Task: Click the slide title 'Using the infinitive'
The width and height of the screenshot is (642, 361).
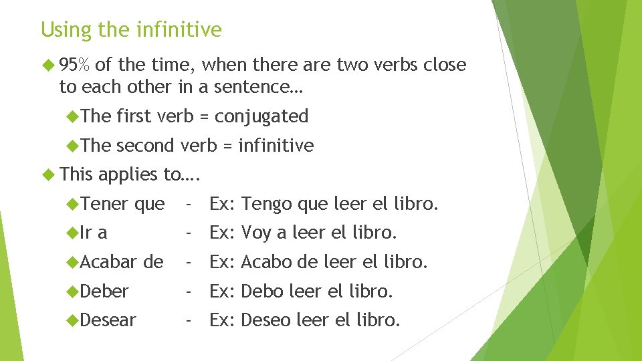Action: click(x=131, y=30)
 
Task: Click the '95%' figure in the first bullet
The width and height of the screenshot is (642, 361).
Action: click(x=77, y=65)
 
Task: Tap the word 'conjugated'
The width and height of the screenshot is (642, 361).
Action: click(x=262, y=116)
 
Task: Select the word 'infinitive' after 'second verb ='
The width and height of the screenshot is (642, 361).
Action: click(x=276, y=145)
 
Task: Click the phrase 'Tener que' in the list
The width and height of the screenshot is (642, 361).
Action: click(x=123, y=204)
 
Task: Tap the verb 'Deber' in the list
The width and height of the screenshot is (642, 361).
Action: click(x=105, y=291)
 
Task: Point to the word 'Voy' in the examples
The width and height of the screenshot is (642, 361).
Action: click(x=255, y=233)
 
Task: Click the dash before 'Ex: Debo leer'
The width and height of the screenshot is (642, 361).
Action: click(x=190, y=291)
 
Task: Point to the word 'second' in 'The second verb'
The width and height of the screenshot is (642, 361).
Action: click(x=144, y=145)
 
